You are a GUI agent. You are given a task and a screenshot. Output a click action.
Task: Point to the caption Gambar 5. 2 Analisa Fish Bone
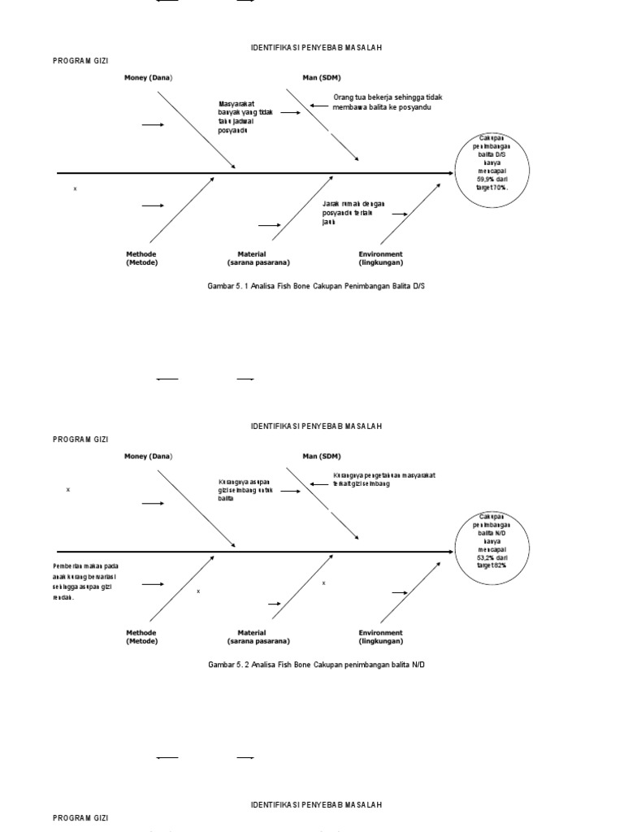click(316, 665)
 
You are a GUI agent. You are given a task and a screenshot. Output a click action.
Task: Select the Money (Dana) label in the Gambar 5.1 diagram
click(148, 77)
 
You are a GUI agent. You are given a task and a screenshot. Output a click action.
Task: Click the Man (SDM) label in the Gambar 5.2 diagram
click(322, 456)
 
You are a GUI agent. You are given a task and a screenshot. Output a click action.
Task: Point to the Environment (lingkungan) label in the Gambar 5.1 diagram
click(380, 258)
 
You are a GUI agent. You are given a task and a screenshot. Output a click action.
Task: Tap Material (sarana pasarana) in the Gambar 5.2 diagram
click(258, 637)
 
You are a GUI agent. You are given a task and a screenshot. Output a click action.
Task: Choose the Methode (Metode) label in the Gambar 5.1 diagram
click(141, 258)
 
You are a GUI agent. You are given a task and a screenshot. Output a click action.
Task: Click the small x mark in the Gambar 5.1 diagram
click(76, 188)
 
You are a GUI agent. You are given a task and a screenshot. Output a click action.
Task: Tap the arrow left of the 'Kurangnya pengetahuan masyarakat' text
click(318, 484)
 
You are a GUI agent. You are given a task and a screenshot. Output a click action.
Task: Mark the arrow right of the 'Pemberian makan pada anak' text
click(153, 584)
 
